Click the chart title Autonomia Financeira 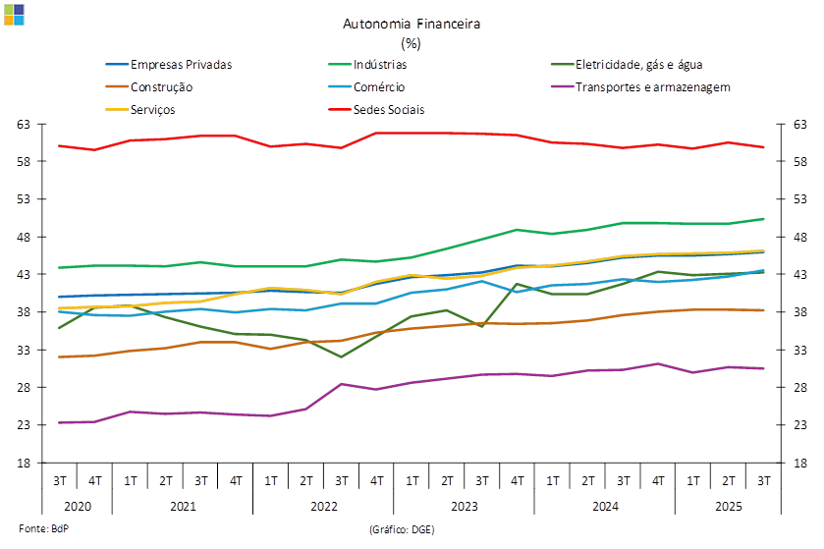pos(412,23)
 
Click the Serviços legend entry pos(153,109)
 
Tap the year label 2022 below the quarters pos(323,507)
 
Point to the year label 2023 pos(464,507)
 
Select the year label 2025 pos(728,507)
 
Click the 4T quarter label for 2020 pos(95,481)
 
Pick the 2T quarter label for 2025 pos(728,481)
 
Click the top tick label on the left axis pos(24,125)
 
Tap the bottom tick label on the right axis pos(801,463)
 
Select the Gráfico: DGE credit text pos(401,529)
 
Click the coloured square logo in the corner pos(15,13)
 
